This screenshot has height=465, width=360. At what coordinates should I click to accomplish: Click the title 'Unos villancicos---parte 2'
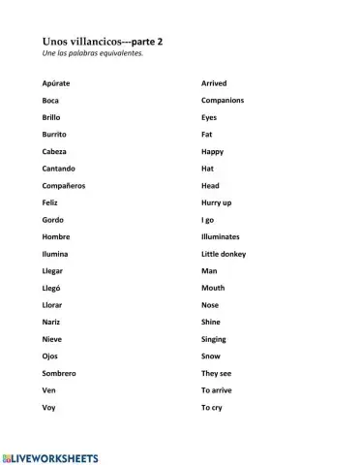coord(103,43)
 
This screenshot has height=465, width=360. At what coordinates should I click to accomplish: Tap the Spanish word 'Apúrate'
coord(56,83)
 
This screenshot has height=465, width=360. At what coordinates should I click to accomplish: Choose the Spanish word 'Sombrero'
coord(59,373)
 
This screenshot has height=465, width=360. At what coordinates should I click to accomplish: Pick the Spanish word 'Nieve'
coord(52,339)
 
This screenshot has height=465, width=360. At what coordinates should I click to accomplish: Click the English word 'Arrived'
coord(214,83)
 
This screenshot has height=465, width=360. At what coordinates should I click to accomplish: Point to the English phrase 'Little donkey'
coord(224,254)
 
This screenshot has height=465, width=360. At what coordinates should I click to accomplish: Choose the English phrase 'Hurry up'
coord(217,202)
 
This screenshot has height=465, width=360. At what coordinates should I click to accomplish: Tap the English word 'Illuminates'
coord(221,236)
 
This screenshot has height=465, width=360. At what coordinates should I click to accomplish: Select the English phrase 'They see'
coord(217,373)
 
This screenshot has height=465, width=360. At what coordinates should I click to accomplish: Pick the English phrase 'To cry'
coord(212,407)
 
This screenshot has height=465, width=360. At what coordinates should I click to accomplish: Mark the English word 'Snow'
coord(210,356)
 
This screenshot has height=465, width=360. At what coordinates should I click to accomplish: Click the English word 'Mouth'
coord(213,288)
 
